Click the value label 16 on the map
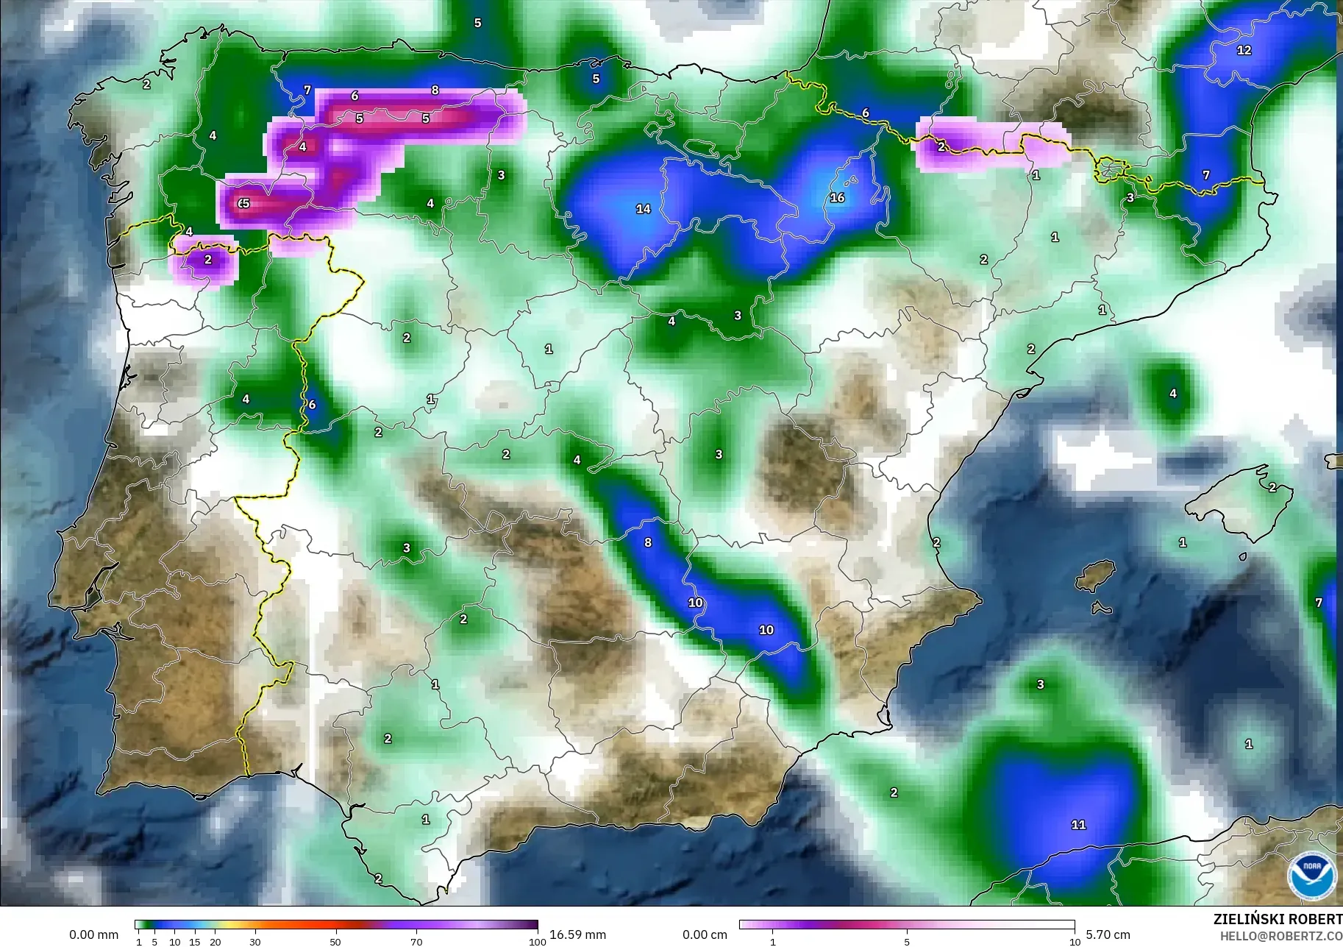(x=837, y=197)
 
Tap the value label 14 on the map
(x=643, y=209)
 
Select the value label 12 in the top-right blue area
(x=1244, y=50)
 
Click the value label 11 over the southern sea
(x=1078, y=825)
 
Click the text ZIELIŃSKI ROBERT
(x=1278, y=919)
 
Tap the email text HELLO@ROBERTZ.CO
(x=1280, y=936)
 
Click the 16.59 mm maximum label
(x=577, y=934)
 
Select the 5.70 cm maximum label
(x=1108, y=934)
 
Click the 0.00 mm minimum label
(x=93, y=934)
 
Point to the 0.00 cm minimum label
(x=705, y=934)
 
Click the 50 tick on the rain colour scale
(x=335, y=942)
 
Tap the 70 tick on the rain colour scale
(x=416, y=942)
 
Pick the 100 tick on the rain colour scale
(x=537, y=942)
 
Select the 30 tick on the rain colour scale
(x=254, y=942)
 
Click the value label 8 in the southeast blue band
(x=648, y=542)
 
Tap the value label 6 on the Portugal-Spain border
(x=312, y=405)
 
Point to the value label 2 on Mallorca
(x=1272, y=487)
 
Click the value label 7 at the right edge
(x=1319, y=603)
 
